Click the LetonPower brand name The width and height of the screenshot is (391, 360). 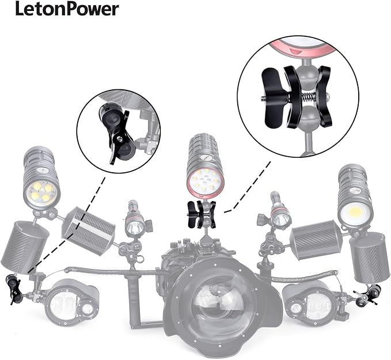click(x=67, y=9)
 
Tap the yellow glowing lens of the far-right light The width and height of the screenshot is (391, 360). click(x=355, y=213)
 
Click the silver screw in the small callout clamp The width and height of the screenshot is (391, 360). click(x=120, y=138)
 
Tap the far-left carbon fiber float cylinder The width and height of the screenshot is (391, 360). click(x=24, y=244)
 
